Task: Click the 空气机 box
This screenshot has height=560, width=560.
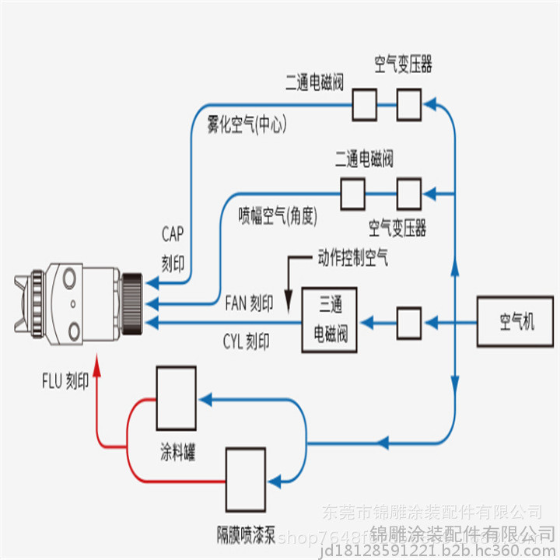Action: click(516, 321)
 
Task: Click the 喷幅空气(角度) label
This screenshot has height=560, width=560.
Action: click(278, 215)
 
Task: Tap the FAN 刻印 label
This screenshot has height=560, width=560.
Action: click(249, 303)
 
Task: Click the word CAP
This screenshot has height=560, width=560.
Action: click(173, 233)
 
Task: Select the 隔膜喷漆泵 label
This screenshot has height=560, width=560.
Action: click(246, 534)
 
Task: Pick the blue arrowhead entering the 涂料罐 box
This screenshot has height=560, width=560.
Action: click(205, 398)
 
